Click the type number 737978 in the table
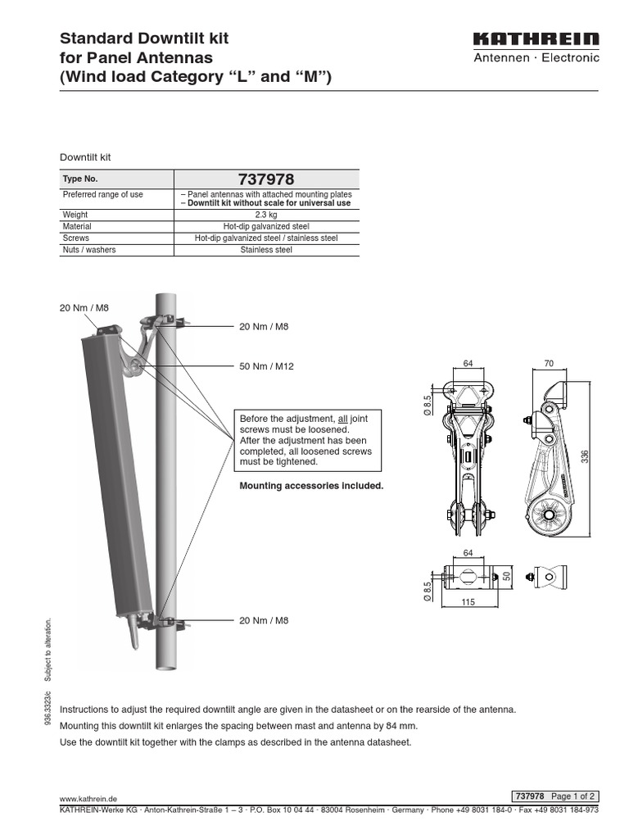click(265, 179)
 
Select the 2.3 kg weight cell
click(265, 214)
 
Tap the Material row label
click(77, 226)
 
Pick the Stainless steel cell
click(265, 250)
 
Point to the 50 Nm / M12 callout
click(266, 366)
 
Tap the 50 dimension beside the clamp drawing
click(507, 576)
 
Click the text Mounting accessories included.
click(311, 486)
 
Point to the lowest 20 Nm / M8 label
click(264, 620)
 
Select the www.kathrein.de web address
click(89, 796)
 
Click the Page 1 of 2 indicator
click(573, 796)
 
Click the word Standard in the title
click(95, 39)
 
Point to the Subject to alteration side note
click(48, 649)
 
